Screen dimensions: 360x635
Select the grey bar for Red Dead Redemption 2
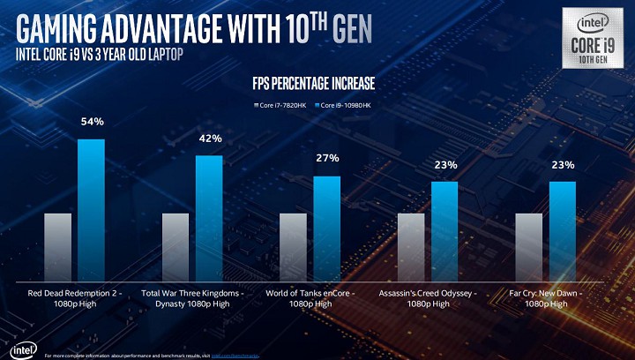click(x=57, y=244)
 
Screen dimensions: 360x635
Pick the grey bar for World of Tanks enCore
click(x=293, y=244)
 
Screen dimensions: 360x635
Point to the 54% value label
click(x=93, y=121)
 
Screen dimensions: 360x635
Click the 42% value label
click(x=210, y=139)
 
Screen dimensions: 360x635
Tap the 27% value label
click(x=327, y=158)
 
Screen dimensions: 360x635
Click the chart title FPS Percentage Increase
click(x=313, y=84)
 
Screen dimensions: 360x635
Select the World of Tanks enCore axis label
click(x=310, y=297)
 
